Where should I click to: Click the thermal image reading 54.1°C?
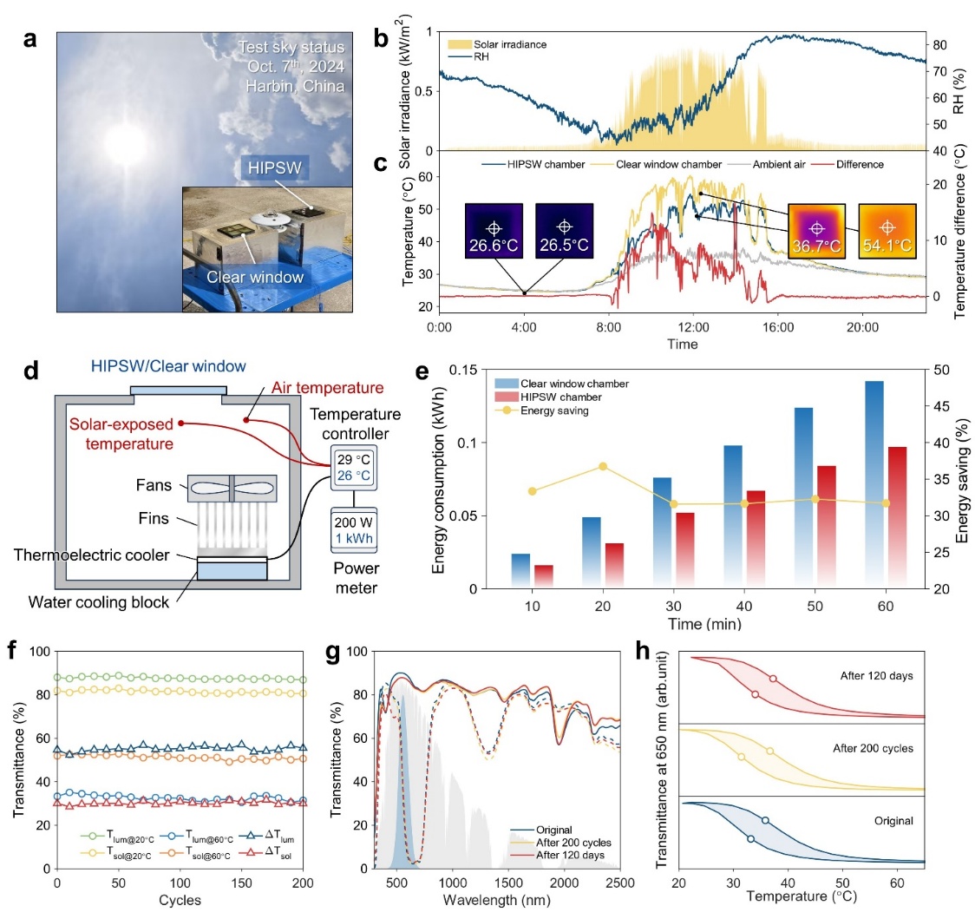pyautogui.click(x=887, y=228)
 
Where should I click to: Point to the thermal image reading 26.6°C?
pyautogui.click(x=494, y=229)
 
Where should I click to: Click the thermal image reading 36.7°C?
pyautogui.click(x=815, y=228)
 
